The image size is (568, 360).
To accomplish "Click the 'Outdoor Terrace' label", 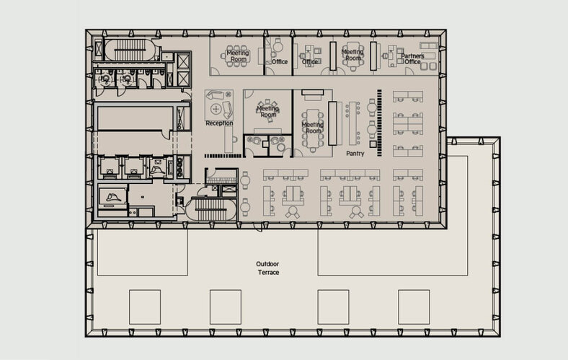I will [x=267, y=268].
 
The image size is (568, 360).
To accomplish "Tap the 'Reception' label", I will [x=219, y=123].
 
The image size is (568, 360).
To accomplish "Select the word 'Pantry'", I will [x=354, y=154].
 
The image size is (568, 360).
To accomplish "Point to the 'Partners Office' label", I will [x=412, y=58].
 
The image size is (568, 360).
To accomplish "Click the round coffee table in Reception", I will [x=216, y=109].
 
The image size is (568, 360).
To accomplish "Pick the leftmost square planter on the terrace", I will [x=144, y=306].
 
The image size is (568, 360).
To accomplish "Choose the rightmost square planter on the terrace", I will [x=414, y=306].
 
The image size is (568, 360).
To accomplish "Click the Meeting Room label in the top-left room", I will [x=238, y=56].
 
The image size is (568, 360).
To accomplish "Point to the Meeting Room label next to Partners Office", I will [x=352, y=55].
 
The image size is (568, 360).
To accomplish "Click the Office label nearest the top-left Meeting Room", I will [x=280, y=62].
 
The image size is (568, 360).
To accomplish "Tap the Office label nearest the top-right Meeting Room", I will [x=310, y=62].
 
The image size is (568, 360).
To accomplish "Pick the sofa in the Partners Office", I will [x=429, y=55].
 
